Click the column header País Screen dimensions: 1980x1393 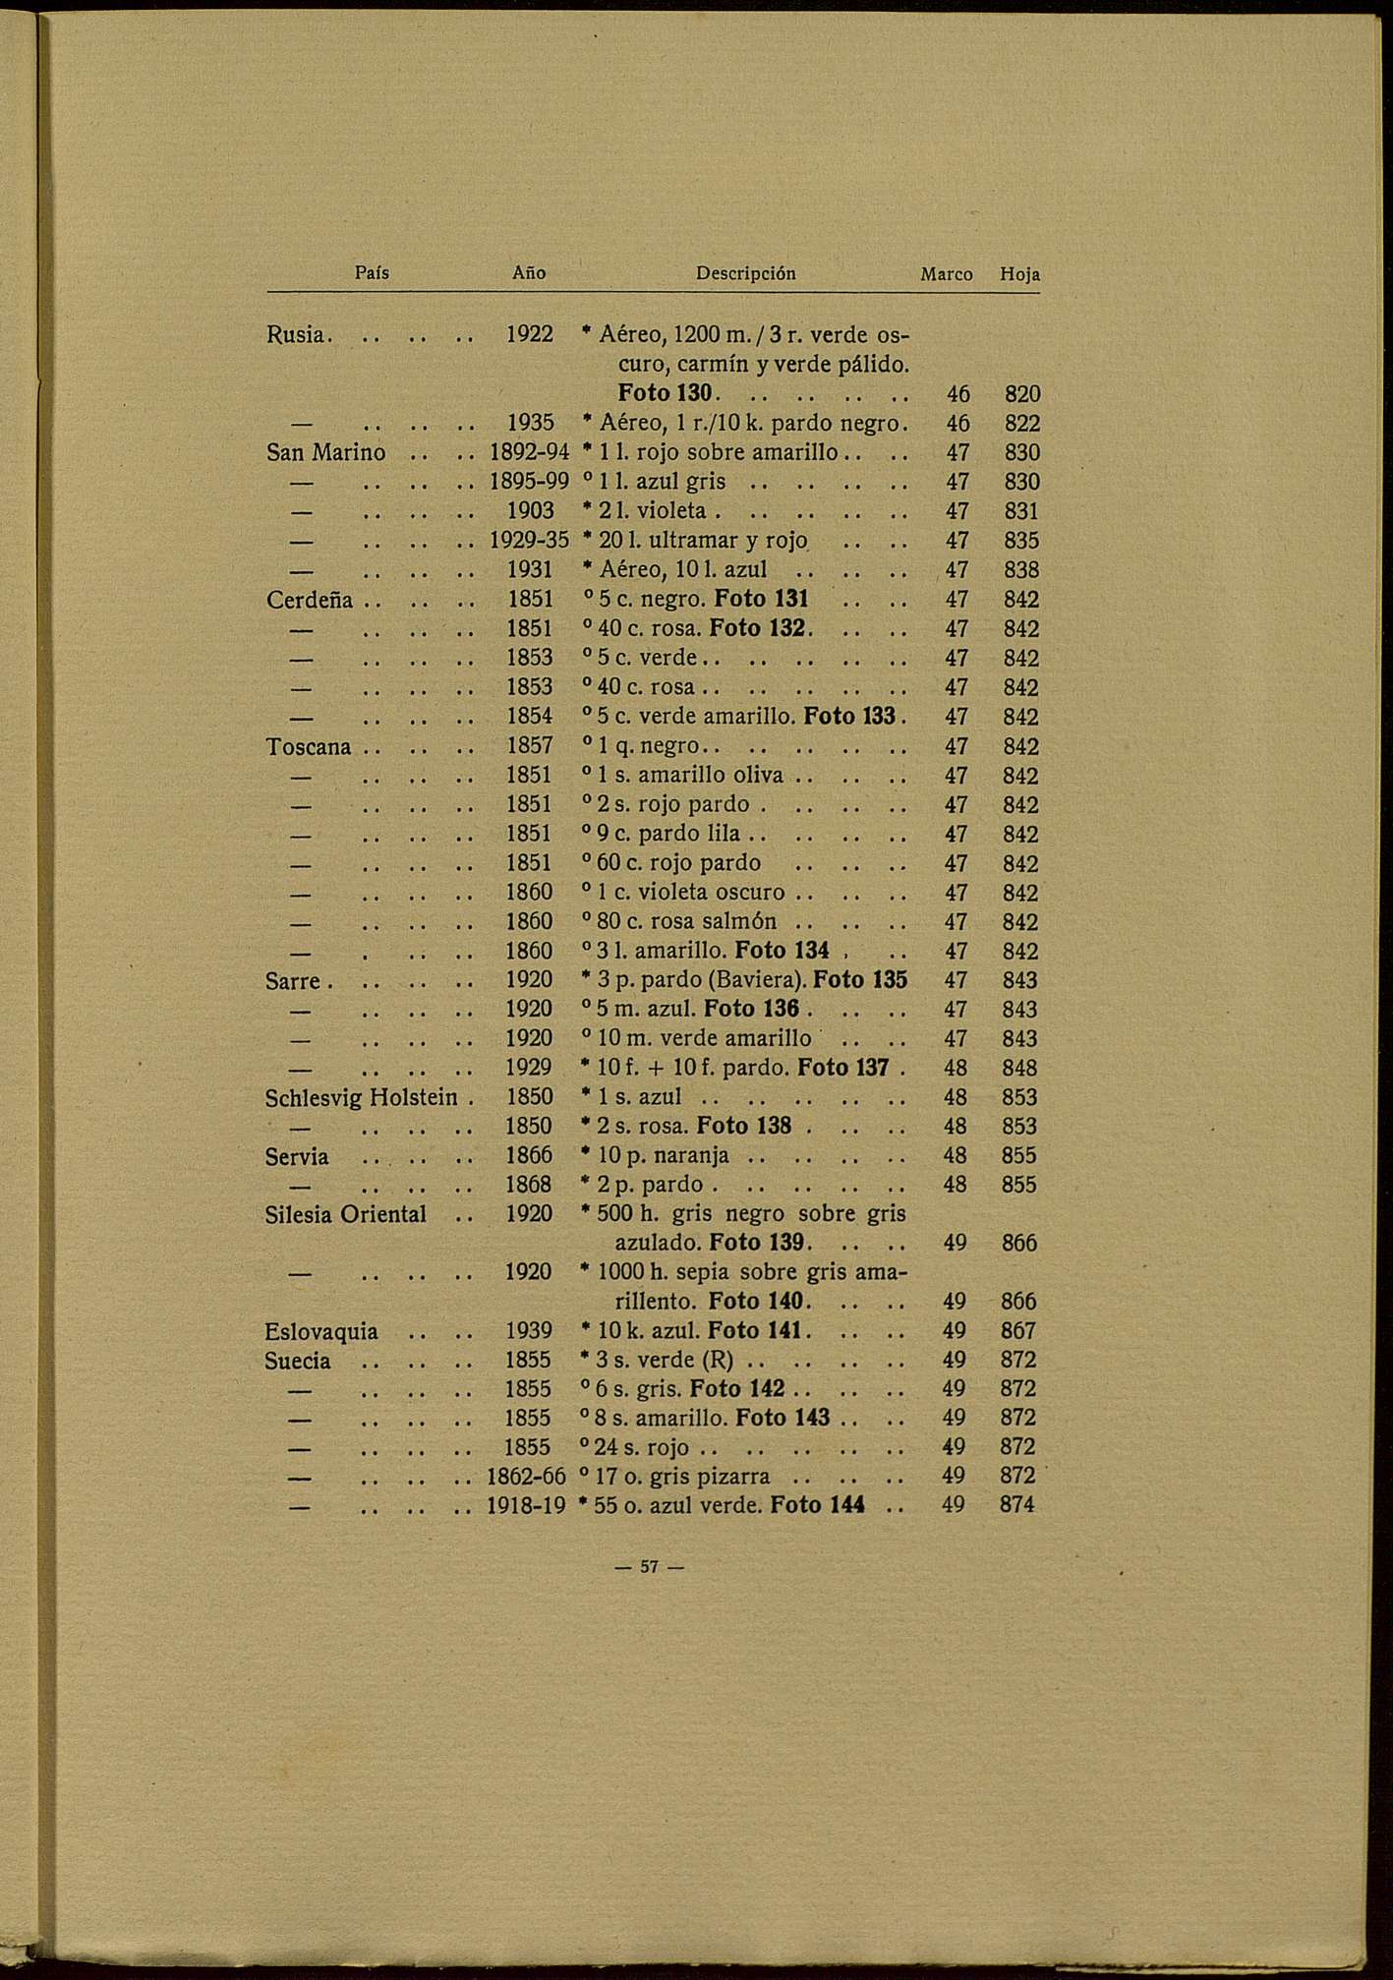pyautogui.click(x=372, y=273)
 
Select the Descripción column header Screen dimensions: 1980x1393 pyautogui.click(x=745, y=273)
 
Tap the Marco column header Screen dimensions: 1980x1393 pyautogui.click(x=946, y=274)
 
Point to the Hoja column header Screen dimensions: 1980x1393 pyautogui.click(x=1019, y=274)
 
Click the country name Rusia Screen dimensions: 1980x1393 pyautogui.click(x=295, y=334)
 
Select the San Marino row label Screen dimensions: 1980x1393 pyautogui.click(x=325, y=452)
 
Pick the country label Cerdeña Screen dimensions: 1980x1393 pyautogui.click(x=309, y=600)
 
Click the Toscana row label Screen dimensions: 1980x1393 pyautogui.click(x=308, y=746)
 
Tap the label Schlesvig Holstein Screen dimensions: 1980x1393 pyautogui.click(x=361, y=1097)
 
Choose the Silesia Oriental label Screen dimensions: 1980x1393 pyautogui.click(x=345, y=1214)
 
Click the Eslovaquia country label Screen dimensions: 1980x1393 pyautogui.click(x=321, y=1332)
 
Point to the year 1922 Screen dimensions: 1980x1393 pyautogui.click(x=530, y=334)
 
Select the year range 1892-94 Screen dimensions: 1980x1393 pyautogui.click(x=529, y=452)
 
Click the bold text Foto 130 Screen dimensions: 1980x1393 pyautogui.click(x=664, y=393)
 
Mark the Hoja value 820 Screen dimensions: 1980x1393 pyautogui.click(x=1021, y=394)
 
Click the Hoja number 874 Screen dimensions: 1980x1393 pyautogui.click(x=1017, y=1504)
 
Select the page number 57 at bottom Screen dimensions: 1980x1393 pyautogui.click(x=648, y=1567)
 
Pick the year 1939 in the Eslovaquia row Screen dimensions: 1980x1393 pyautogui.click(x=529, y=1331)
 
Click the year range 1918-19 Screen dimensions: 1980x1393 pyautogui.click(x=527, y=1504)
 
